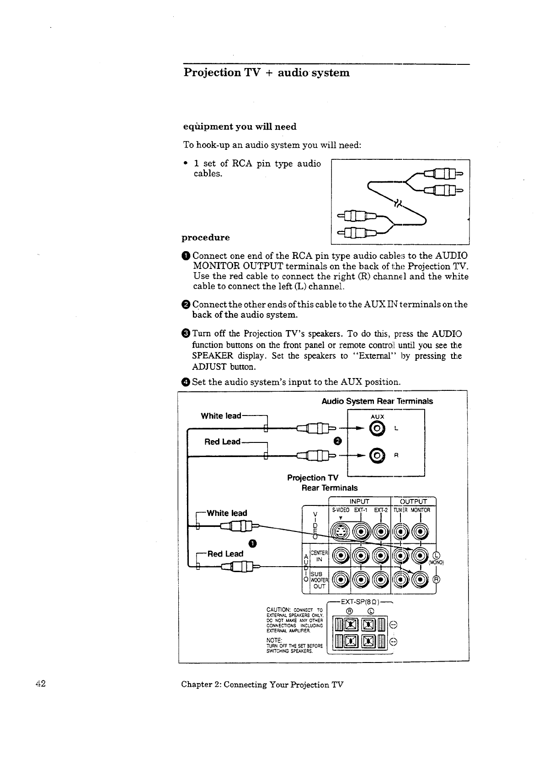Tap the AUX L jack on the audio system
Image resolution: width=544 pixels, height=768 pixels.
[x=376, y=428]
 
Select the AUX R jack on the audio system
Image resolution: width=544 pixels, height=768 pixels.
[x=376, y=455]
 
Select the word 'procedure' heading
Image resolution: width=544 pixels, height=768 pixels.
[x=206, y=237]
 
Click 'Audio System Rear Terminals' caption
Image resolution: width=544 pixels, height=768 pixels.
[x=377, y=401]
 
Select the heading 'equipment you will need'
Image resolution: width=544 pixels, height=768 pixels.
[x=240, y=126]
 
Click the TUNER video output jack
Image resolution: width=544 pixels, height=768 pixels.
[x=400, y=531]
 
